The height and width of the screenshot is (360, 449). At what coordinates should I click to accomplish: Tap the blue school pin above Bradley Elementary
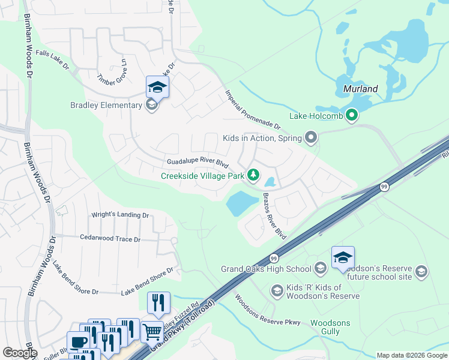click(157, 88)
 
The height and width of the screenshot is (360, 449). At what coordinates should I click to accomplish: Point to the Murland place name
click(360, 89)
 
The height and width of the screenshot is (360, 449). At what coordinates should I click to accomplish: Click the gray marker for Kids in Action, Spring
click(310, 139)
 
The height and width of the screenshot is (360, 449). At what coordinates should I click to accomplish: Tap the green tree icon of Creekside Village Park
click(254, 175)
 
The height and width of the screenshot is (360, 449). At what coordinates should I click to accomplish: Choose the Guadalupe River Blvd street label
click(198, 163)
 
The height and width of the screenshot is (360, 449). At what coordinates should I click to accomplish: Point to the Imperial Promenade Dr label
click(253, 110)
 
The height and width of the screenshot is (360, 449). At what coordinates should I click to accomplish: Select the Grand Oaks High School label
click(266, 268)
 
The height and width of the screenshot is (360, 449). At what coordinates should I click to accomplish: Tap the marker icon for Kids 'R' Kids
click(277, 291)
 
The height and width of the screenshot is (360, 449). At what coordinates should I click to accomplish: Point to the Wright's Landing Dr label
click(119, 215)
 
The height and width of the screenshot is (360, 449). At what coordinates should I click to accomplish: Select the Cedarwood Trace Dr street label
click(110, 239)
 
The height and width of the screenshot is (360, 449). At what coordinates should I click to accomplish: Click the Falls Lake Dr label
click(52, 59)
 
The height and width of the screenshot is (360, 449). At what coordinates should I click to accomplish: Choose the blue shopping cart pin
click(152, 331)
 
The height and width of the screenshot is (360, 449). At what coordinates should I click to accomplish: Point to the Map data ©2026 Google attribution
click(411, 355)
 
